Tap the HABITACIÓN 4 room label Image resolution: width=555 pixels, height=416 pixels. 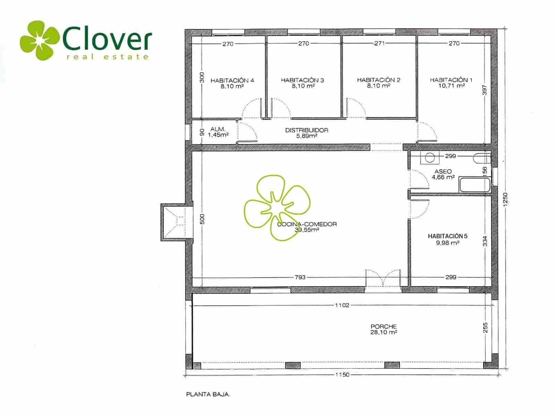232,80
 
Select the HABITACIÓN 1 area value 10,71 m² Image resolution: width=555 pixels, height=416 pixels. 451,86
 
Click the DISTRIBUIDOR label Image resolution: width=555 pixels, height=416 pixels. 307,130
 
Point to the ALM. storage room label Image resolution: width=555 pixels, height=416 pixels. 218,129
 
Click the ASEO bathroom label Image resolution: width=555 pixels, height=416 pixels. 443,172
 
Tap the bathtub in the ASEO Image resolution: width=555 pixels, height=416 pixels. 475,185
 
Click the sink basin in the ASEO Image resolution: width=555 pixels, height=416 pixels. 429,158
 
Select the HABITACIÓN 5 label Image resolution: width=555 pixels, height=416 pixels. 447,236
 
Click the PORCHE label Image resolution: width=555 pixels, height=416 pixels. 384,327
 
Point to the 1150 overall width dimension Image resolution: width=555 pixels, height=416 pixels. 342,375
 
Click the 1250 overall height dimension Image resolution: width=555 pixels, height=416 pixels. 505,199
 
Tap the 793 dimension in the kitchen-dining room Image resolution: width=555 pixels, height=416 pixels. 300,277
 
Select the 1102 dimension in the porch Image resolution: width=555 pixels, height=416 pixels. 342,305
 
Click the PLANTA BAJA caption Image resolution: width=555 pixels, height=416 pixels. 208,395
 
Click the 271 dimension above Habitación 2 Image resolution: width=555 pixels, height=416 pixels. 379,43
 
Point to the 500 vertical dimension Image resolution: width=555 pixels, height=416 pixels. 202,219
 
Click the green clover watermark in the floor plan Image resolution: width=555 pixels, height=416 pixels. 277,208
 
